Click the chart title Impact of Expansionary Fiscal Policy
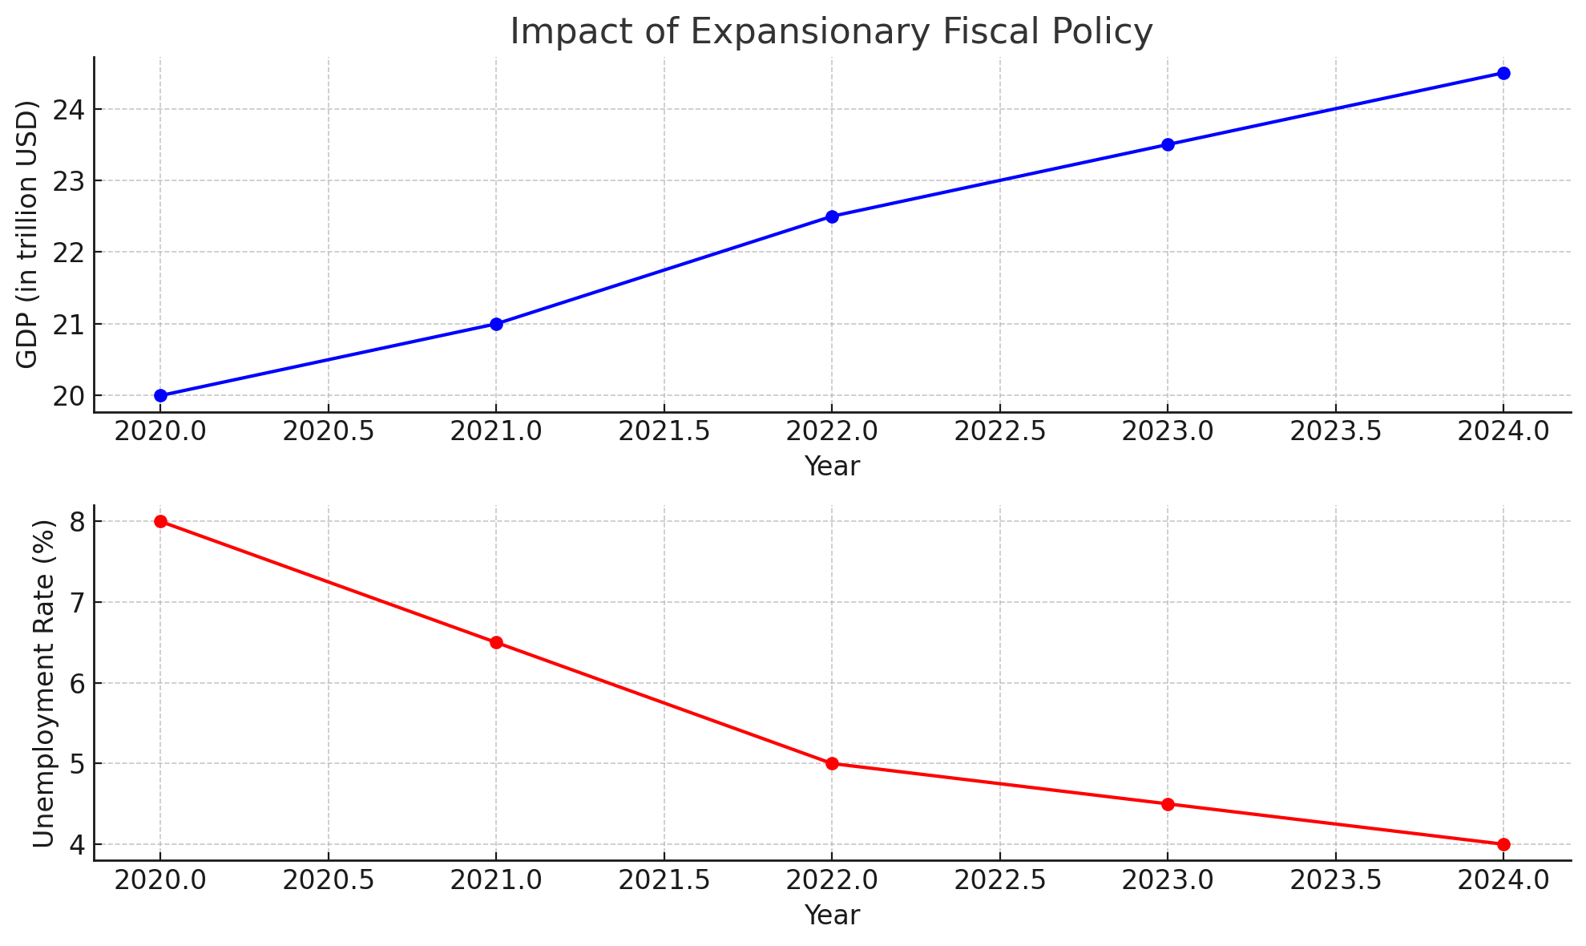[831, 32]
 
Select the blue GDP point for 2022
[832, 216]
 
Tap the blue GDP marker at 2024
[1503, 73]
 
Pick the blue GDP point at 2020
[160, 395]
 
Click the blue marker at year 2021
[496, 324]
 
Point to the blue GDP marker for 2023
[1168, 144]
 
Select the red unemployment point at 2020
[160, 521]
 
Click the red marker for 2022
[832, 763]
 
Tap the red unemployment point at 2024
[1503, 844]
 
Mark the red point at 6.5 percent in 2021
[496, 642]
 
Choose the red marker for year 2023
[1168, 804]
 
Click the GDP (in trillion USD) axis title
[28, 234]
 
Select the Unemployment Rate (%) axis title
[44, 683]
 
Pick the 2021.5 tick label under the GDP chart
[664, 432]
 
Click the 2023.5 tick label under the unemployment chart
[1335, 880]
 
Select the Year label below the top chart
[832, 466]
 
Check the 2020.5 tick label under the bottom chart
[328, 880]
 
